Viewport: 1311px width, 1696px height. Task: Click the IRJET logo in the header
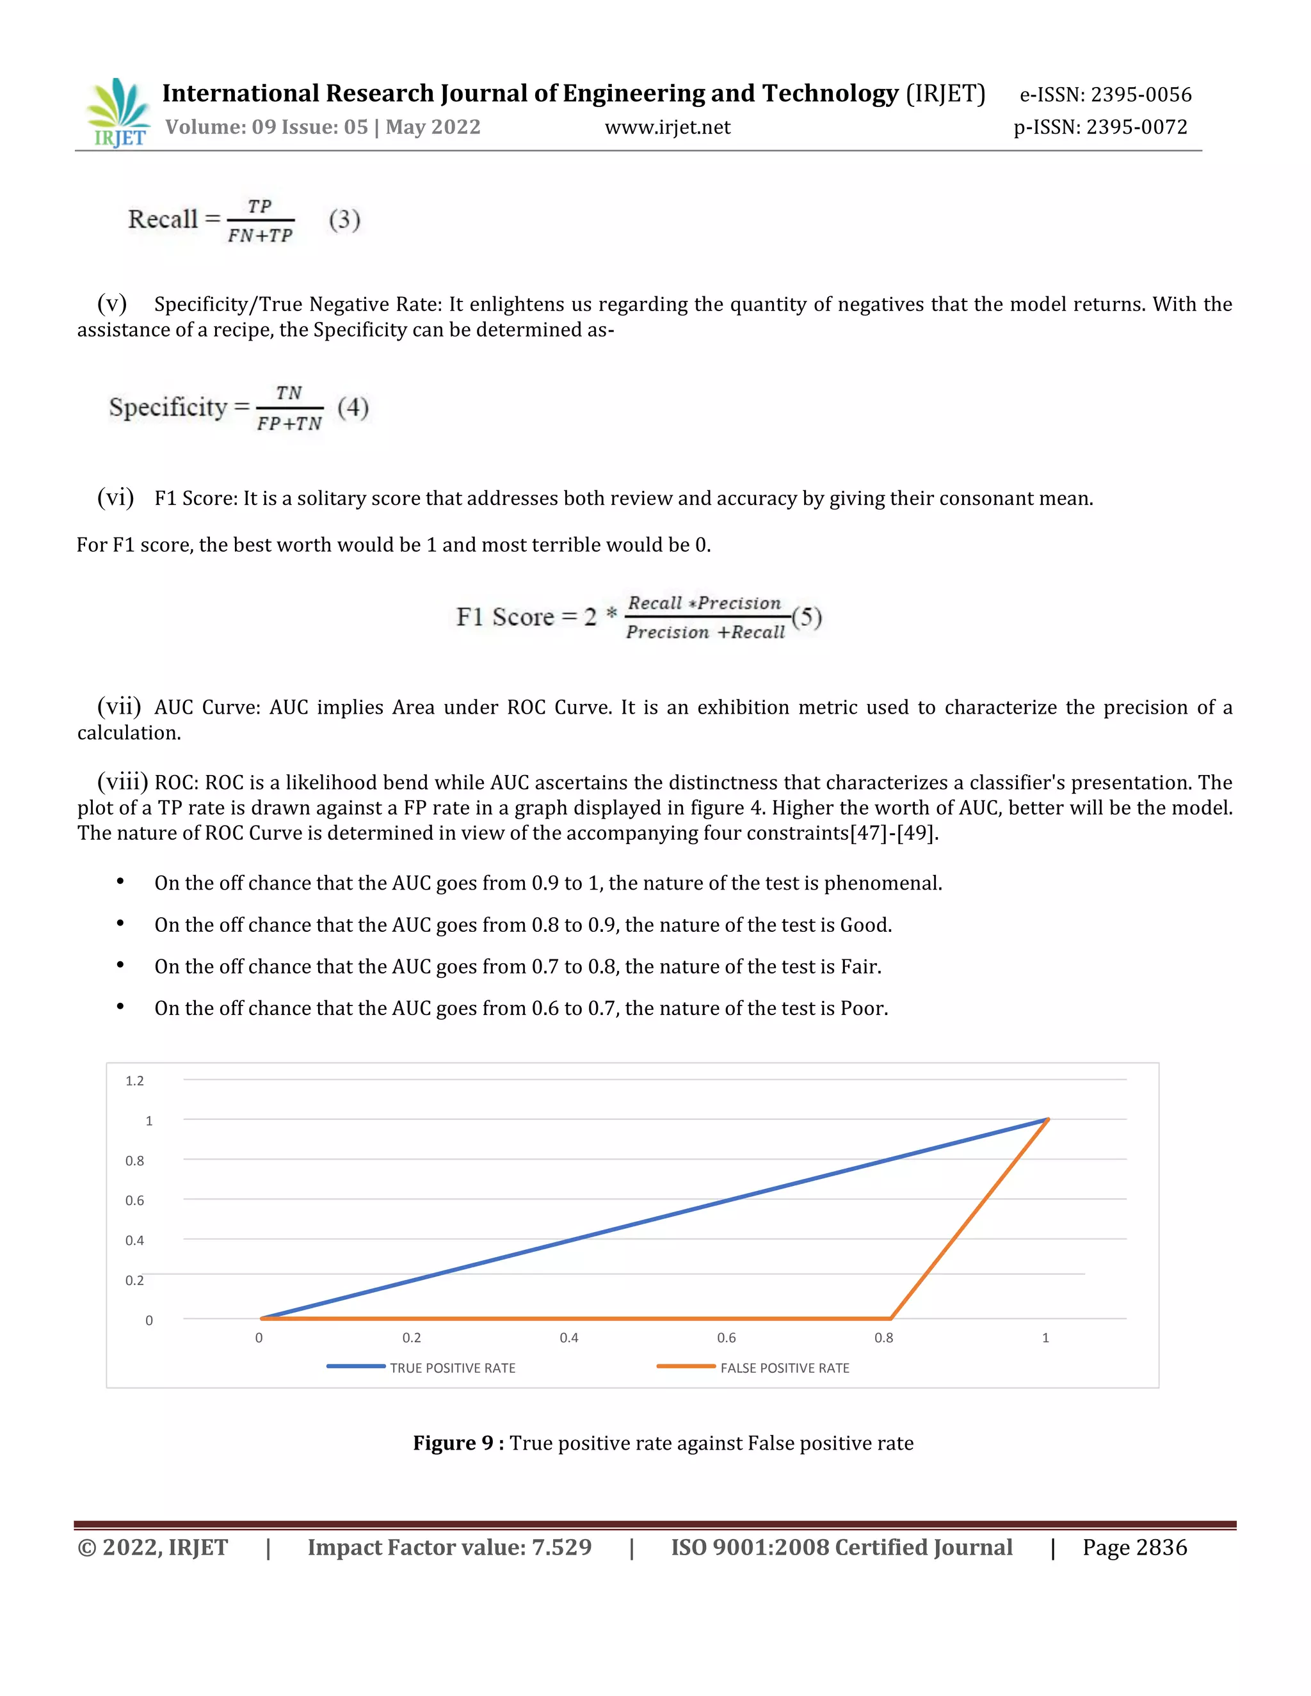tap(118, 113)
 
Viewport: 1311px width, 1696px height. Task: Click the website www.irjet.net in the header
tap(667, 127)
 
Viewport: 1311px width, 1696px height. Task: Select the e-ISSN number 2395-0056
tap(1141, 95)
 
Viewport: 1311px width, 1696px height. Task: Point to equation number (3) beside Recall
tap(344, 220)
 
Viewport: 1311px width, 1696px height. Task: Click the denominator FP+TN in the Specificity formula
tap(289, 423)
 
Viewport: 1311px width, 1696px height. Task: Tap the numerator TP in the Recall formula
tap(259, 207)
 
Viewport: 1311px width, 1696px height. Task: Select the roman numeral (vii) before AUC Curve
tap(119, 706)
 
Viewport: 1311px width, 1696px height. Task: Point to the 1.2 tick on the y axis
tap(134, 1081)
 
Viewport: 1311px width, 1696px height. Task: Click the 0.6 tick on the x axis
tap(726, 1337)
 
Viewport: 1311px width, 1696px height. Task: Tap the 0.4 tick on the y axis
tap(134, 1240)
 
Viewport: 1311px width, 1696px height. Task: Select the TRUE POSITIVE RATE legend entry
tap(452, 1368)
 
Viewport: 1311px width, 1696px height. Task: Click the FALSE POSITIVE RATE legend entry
tap(784, 1368)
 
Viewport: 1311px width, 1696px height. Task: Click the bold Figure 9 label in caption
tap(458, 1443)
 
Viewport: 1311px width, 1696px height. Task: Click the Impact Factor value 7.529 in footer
tap(561, 1547)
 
